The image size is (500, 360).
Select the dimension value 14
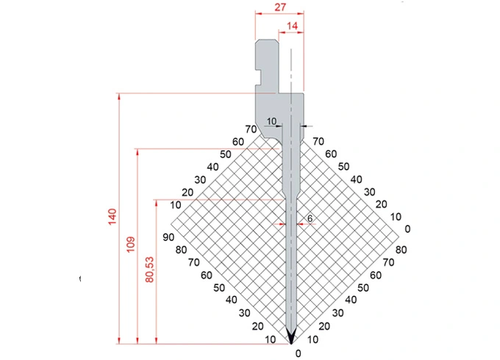292,26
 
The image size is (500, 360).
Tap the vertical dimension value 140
111,217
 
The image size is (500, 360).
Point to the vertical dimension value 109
130,245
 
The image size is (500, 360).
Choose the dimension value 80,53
149,269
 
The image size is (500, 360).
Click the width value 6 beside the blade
310,218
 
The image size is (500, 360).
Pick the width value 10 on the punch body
271,121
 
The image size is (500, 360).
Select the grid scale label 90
168,237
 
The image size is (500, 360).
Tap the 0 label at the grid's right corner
407,228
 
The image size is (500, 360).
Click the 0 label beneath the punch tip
298,353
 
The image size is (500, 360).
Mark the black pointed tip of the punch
291,336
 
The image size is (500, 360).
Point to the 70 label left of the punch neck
251,130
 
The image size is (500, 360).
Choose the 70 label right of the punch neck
318,140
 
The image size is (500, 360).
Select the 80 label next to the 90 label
180,249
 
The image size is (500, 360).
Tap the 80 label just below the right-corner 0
401,250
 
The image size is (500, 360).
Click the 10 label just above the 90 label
175,204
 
